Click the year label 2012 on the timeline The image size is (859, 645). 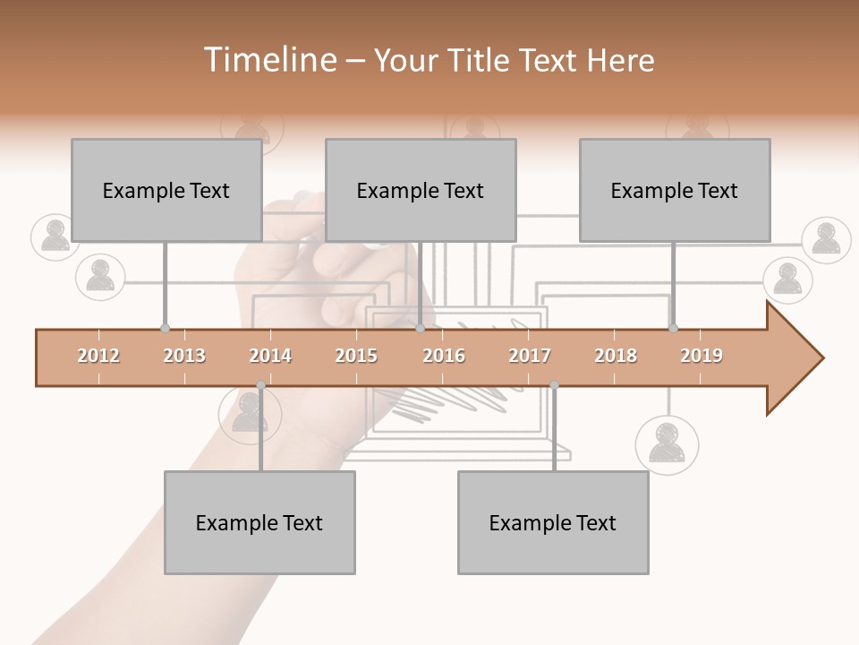point(98,356)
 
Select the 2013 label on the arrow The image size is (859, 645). point(184,356)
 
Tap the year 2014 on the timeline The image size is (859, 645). point(270,356)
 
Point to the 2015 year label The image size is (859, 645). point(356,356)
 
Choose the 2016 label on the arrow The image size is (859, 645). point(444,356)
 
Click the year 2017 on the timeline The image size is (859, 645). point(530,356)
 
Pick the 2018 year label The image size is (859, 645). point(616,356)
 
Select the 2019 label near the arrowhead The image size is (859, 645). point(702,356)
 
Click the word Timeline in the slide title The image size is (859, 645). point(268,60)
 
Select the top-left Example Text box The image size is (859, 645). point(166,190)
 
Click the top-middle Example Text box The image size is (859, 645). point(421,190)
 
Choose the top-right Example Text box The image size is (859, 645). point(675,190)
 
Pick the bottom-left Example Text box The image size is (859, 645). point(259,522)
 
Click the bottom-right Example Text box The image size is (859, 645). point(553,522)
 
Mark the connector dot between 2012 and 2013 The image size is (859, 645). point(165,329)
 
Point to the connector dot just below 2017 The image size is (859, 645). point(554,385)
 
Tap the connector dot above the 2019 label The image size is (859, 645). point(673,329)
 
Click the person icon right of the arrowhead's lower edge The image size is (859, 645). point(667,444)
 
